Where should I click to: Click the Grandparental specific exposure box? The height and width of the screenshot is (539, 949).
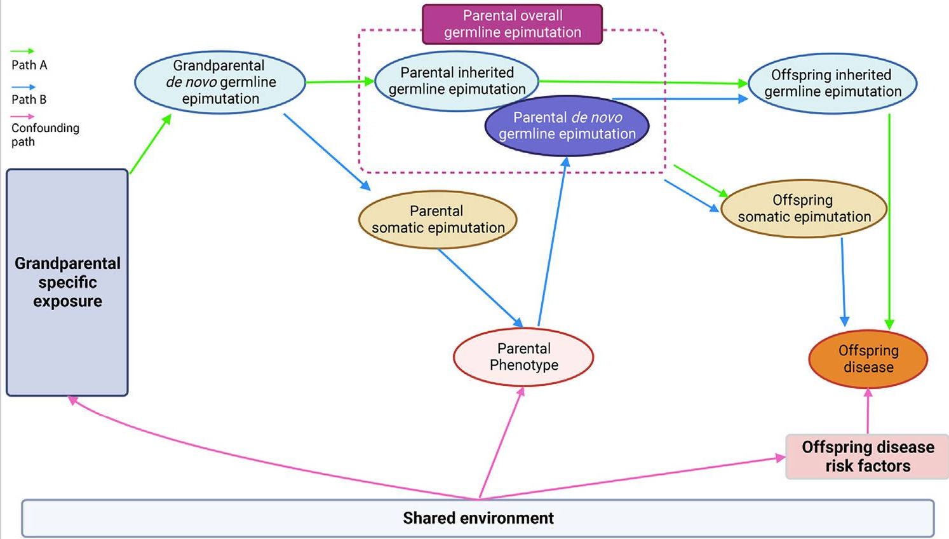tap(67, 282)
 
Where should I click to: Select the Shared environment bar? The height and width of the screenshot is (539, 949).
tap(478, 518)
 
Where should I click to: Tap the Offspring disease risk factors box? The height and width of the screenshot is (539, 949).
tap(867, 456)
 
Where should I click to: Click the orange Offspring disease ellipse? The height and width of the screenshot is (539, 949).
tap(868, 359)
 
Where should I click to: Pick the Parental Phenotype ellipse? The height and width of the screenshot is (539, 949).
tap(523, 357)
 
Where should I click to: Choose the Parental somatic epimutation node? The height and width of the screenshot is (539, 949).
tap(438, 220)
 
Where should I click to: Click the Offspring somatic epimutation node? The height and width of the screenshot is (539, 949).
tap(804, 208)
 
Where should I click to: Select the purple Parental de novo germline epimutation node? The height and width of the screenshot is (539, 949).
tap(567, 126)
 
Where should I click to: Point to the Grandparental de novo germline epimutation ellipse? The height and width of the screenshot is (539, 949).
tap(220, 83)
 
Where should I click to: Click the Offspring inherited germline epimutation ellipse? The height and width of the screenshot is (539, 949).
tap(832, 83)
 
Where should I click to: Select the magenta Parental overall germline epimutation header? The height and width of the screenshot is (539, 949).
tap(512, 24)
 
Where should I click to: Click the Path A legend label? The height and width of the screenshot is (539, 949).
tap(29, 65)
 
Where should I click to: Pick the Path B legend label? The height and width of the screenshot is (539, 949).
tap(29, 99)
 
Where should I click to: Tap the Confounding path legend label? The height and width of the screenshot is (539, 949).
tap(44, 134)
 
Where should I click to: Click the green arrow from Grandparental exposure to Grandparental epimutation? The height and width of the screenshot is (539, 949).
tap(151, 144)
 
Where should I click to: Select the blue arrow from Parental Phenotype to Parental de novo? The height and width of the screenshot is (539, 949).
tap(552, 242)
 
